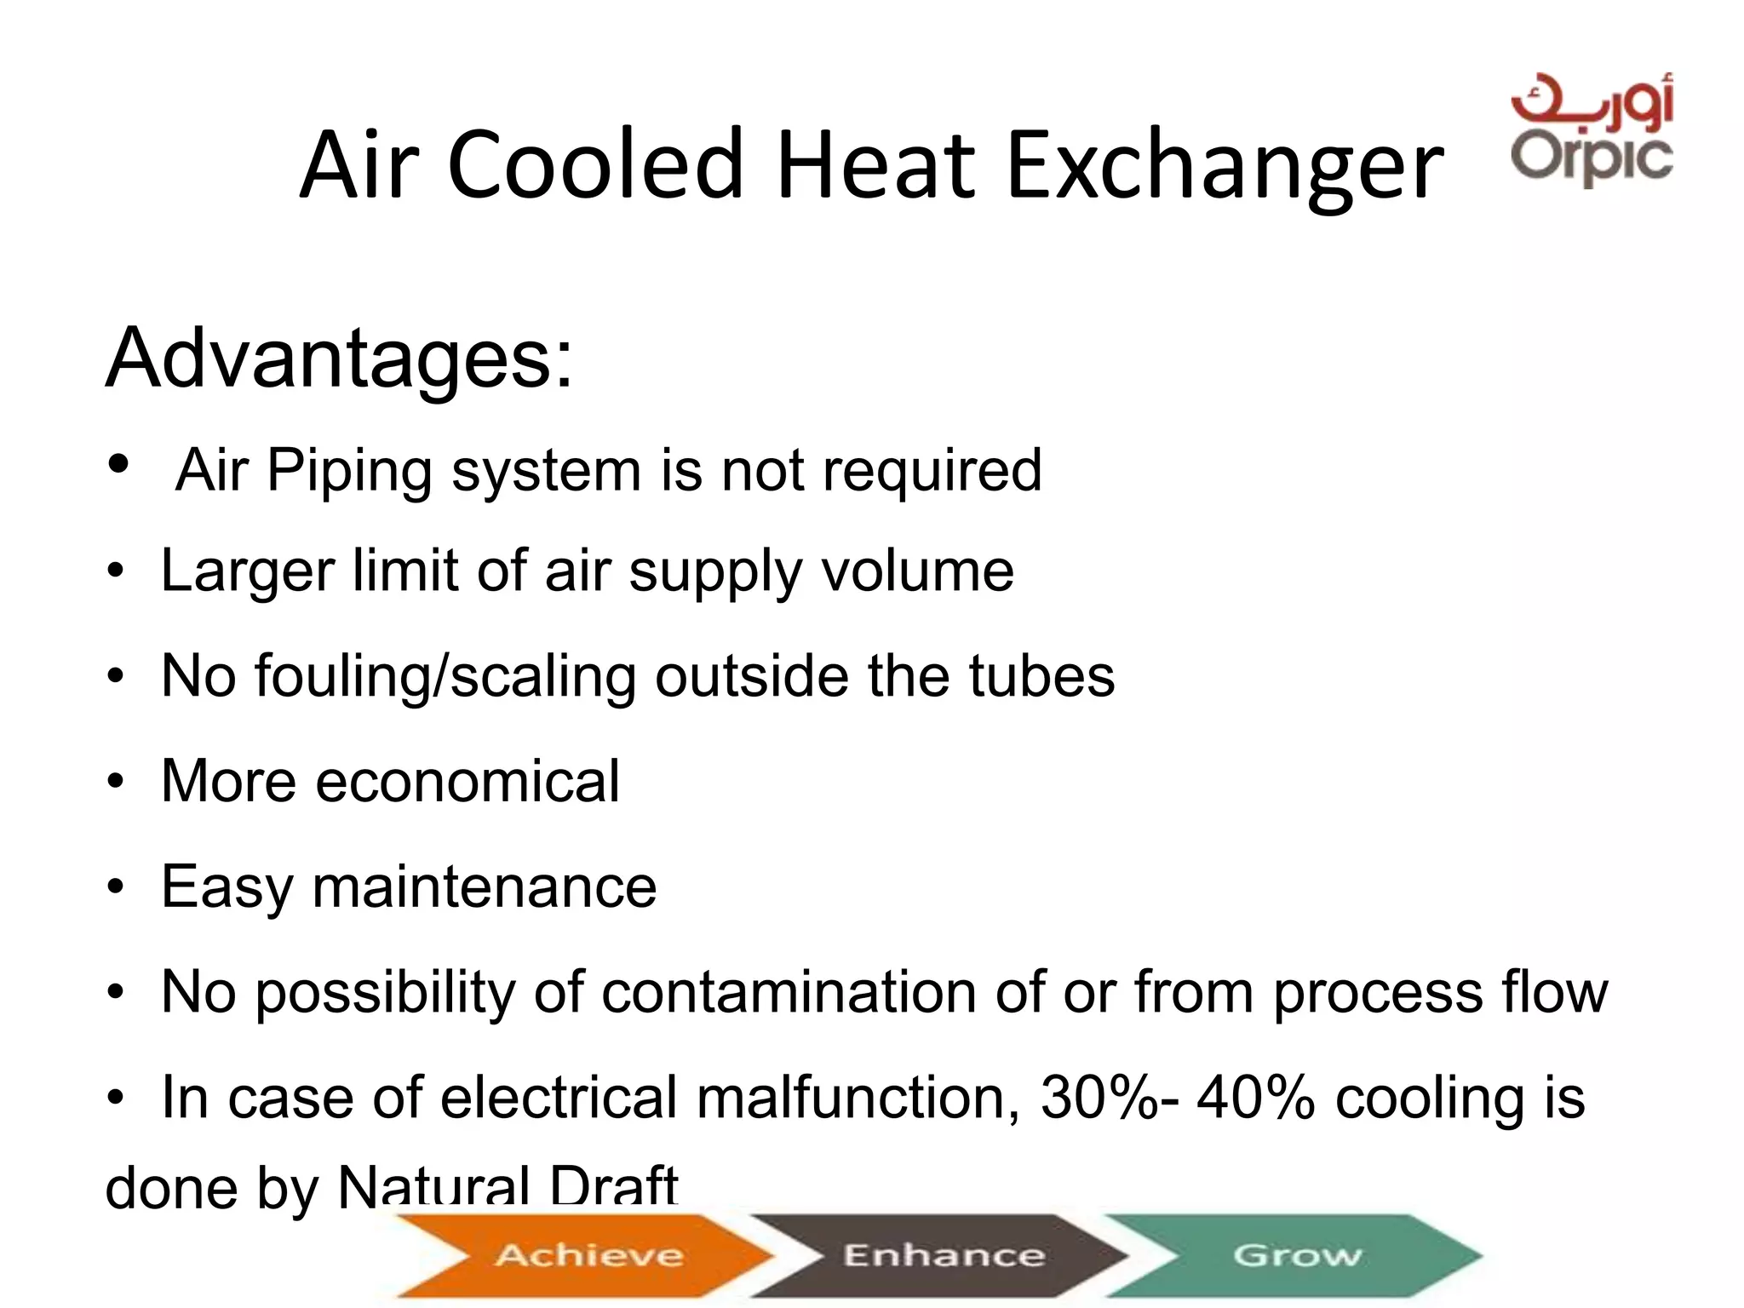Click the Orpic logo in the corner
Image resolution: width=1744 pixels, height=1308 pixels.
[x=1592, y=130]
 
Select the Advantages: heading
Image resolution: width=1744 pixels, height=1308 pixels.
[x=339, y=359]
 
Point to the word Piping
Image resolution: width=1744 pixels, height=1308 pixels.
[x=349, y=471]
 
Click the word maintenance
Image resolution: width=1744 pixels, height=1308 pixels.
[x=485, y=887]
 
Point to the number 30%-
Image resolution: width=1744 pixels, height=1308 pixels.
[x=1110, y=1098]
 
